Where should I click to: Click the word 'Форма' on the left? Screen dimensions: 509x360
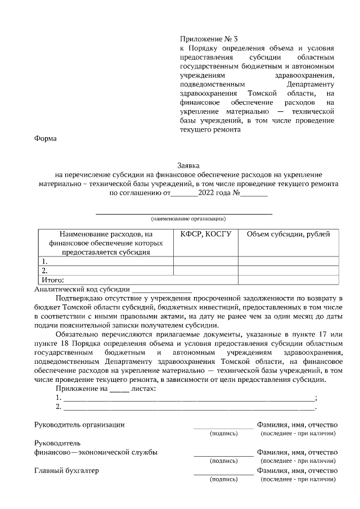[46, 139]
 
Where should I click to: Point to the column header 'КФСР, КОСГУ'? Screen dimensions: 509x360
[206, 234]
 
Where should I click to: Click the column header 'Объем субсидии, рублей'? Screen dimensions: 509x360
[289, 234]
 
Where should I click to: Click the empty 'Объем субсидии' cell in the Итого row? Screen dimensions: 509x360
[289, 279]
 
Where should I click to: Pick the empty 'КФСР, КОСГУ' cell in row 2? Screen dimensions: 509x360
[206, 270]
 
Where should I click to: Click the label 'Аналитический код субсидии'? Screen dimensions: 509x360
[82, 289]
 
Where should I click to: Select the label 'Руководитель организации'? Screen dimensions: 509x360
[79, 425]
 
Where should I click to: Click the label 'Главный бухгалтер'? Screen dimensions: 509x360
[66, 471]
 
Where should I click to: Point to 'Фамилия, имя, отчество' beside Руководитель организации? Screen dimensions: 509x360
[297, 425]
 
